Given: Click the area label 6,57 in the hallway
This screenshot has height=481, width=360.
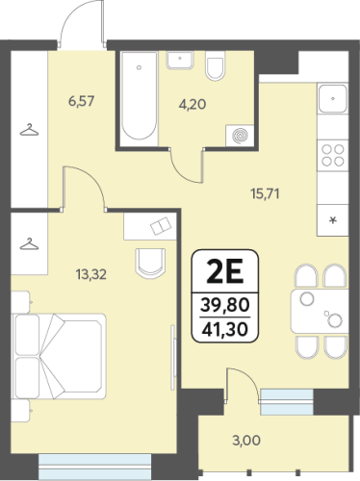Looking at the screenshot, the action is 82,102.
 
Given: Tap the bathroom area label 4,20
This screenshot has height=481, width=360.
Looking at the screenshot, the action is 193,105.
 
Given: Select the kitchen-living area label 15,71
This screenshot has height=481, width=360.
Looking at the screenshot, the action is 265,193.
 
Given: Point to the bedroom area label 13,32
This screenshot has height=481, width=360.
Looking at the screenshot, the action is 91,274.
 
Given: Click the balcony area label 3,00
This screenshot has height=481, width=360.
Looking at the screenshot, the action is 246,441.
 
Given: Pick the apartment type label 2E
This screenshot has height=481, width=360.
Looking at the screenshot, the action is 225,271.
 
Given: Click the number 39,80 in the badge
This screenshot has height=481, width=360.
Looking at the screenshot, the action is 225,305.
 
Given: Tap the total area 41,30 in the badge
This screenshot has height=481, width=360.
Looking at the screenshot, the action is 225,329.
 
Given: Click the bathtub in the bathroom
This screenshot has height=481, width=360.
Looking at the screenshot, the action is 140,95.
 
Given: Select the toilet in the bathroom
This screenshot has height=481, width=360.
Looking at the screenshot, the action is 215,65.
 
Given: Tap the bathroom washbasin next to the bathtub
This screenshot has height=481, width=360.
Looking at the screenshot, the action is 180,60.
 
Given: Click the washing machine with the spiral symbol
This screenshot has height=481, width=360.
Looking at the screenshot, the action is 240,136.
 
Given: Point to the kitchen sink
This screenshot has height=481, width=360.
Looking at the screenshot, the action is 333,98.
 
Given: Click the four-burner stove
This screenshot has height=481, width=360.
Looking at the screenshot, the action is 333,155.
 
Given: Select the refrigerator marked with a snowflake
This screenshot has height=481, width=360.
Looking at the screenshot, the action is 333,220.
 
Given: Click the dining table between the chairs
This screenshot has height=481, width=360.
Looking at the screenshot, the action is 320,311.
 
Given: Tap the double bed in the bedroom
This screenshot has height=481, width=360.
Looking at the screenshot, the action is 59,356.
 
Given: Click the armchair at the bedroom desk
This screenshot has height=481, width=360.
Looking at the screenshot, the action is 150,263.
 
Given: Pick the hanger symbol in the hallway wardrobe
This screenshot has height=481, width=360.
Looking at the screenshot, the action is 29,130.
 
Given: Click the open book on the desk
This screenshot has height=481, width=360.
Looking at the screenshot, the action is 162,226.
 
